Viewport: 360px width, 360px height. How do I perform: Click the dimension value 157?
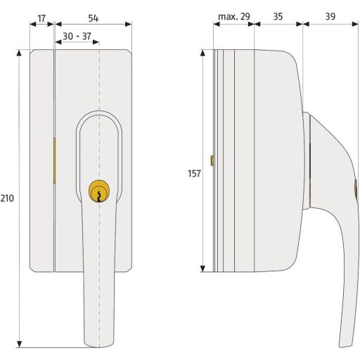point(194,172)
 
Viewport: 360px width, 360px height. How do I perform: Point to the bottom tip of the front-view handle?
point(99,345)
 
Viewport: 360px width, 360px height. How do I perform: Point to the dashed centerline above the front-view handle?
point(100,77)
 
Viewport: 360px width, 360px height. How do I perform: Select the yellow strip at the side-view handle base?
point(309,190)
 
